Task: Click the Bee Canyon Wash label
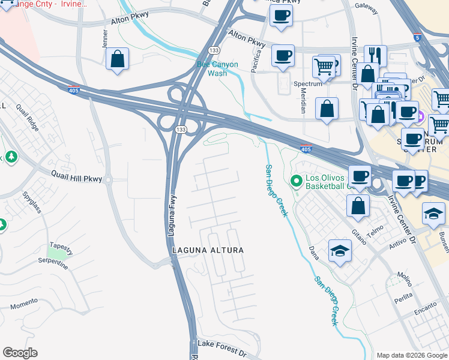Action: coord(217,68)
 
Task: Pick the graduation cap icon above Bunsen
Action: coord(433,214)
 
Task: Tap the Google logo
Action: coord(20,353)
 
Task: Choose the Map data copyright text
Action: coord(412,355)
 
